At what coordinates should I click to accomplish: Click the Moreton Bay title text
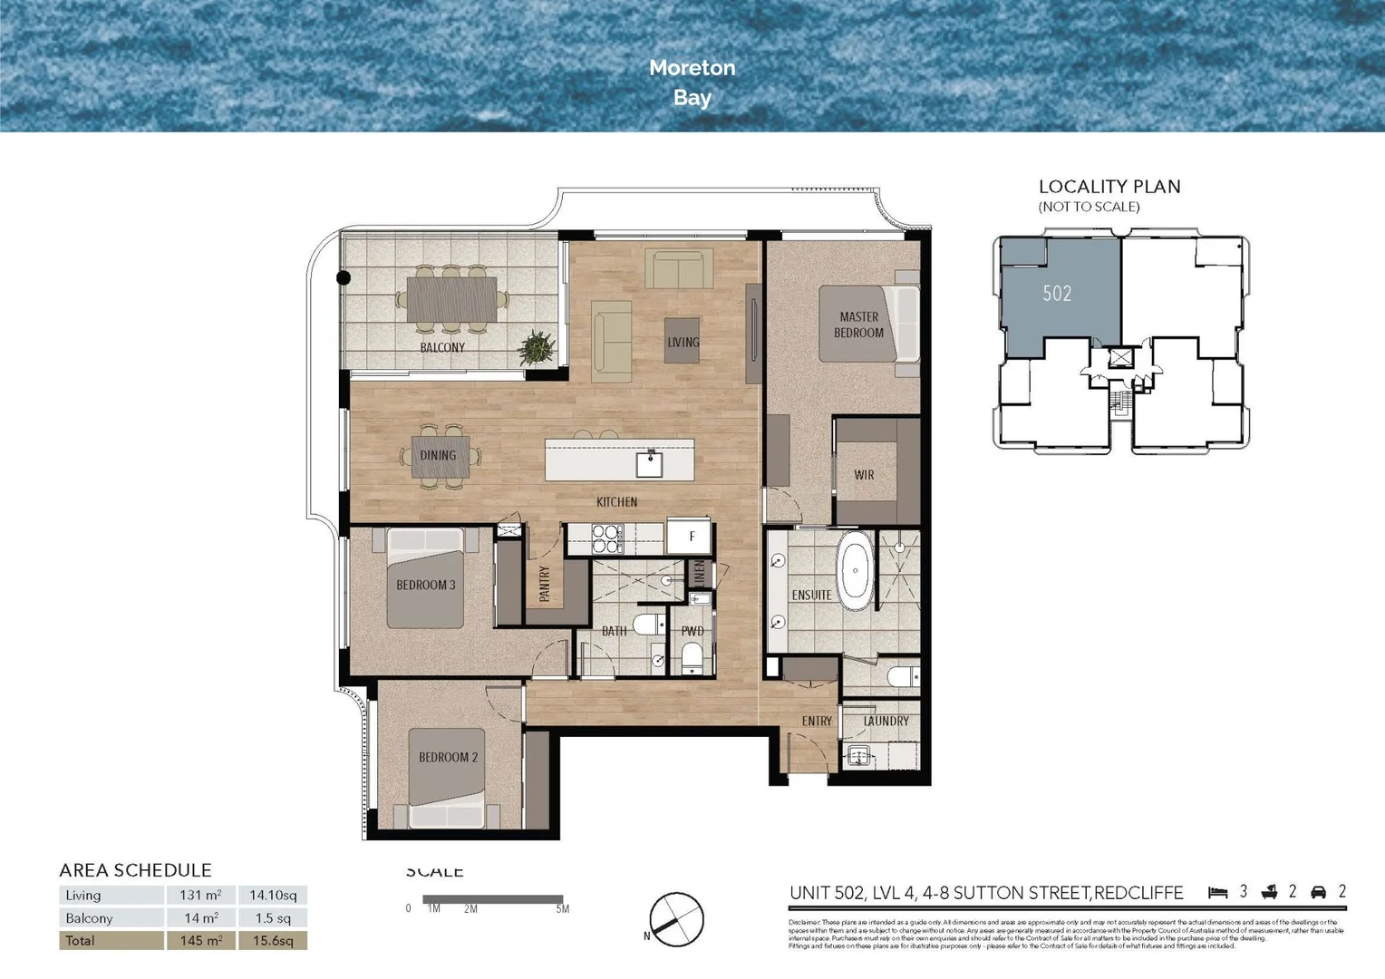pyautogui.click(x=692, y=82)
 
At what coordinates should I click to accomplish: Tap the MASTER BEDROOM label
pyautogui.click(x=858, y=325)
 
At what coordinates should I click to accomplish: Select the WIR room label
pyautogui.click(x=864, y=474)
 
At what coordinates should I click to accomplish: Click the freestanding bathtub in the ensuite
pyautogui.click(x=855, y=570)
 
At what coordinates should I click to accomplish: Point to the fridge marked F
pyautogui.click(x=691, y=536)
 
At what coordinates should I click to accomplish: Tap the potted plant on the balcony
pyautogui.click(x=537, y=347)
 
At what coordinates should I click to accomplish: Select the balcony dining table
pyautogui.click(x=451, y=298)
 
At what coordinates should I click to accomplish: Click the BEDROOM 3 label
pyautogui.click(x=425, y=585)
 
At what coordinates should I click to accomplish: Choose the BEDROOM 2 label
pyautogui.click(x=448, y=757)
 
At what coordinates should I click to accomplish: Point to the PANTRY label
pyautogui.click(x=545, y=584)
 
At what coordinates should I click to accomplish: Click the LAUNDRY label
pyautogui.click(x=886, y=721)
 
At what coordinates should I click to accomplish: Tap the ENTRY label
pyautogui.click(x=817, y=721)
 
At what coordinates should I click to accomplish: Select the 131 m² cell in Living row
pyautogui.click(x=200, y=895)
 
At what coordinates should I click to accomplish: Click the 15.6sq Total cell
pyautogui.click(x=273, y=940)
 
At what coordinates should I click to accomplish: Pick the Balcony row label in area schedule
pyautogui.click(x=89, y=917)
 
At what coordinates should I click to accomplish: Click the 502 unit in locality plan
pyautogui.click(x=1057, y=294)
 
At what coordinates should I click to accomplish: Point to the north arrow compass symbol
pyautogui.click(x=676, y=919)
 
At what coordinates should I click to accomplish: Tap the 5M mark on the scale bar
pyautogui.click(x=562, y=908)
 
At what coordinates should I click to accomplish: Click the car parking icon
pyautogui.click(x=1319, y=893)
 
